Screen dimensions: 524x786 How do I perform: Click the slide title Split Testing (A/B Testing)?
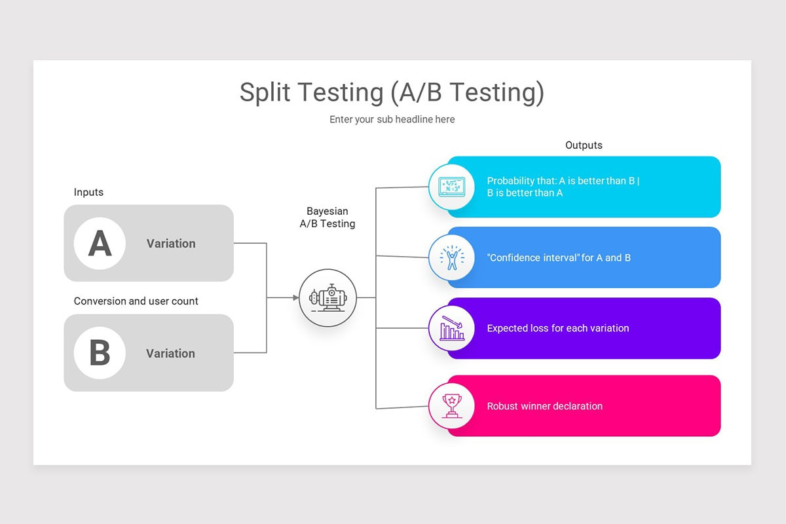392,92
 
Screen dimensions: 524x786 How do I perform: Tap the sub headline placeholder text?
392,119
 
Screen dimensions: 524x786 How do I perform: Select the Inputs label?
88,192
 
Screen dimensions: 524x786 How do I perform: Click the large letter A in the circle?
100,244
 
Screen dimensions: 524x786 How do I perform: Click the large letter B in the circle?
100,353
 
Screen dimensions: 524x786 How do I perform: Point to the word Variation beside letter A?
171,244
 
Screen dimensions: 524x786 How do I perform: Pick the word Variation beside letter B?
170,353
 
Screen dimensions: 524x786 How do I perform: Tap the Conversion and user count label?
136,301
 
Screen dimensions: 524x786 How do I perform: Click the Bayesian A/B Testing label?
327,217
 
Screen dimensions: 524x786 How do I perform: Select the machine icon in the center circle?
327,298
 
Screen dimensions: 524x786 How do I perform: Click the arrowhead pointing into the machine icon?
295,298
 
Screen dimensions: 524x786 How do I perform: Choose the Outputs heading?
584,145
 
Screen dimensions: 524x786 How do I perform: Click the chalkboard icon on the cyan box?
451,187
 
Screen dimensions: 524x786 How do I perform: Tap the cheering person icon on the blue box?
451,258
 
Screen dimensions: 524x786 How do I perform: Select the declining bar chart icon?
451,329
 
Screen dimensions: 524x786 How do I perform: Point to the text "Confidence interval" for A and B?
559,258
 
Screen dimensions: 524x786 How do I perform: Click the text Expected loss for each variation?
557,329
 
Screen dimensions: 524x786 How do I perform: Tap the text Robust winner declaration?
544,406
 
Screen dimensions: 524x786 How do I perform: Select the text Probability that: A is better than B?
563,181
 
